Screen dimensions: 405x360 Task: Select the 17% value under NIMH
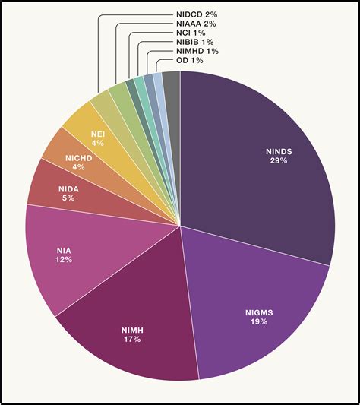tap(130, 339)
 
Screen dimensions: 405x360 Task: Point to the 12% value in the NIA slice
tap(63, 260)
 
